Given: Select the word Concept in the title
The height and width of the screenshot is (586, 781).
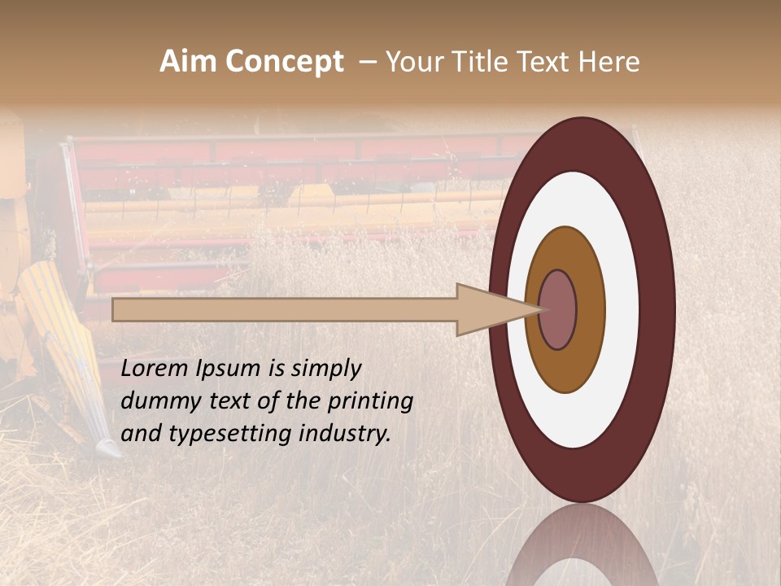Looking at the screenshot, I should coord(285,62).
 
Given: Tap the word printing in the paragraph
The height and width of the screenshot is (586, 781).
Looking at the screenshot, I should coord(370,401).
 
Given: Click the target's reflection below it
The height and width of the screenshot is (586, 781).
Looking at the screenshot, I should coord(582,549).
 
